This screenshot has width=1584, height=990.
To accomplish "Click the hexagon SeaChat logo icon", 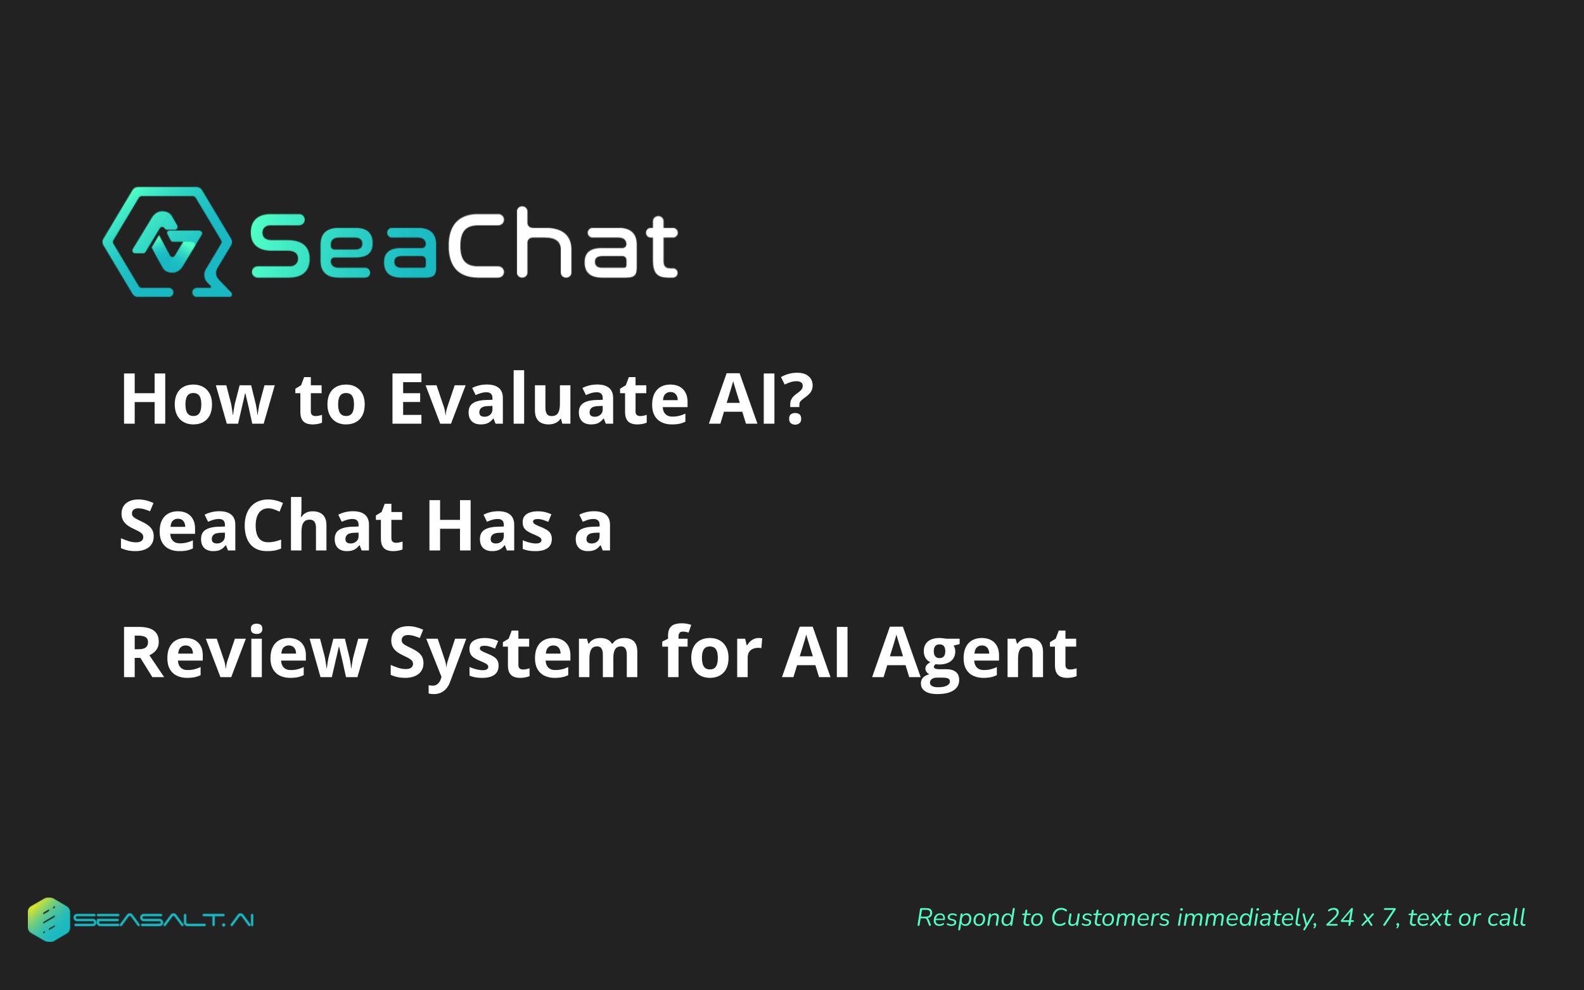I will click(x=167, y=241).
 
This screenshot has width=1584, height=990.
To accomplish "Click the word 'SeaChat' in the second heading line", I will click(x=261, y=526).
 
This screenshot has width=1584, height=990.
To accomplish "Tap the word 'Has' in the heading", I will click(x=490, y=526).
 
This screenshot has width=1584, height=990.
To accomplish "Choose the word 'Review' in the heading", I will click(x=244, y=653).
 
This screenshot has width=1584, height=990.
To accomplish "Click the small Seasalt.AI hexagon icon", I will click(x=48, y=919).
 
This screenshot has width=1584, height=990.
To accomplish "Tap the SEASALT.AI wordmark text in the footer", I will click(x=163, y=920).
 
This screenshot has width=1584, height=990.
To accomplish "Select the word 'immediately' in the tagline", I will click(x=1247, y=918).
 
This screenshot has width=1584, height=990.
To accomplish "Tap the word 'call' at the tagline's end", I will click(x=1506, y=917).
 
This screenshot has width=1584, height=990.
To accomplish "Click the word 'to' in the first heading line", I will click(x=330, y=399).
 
